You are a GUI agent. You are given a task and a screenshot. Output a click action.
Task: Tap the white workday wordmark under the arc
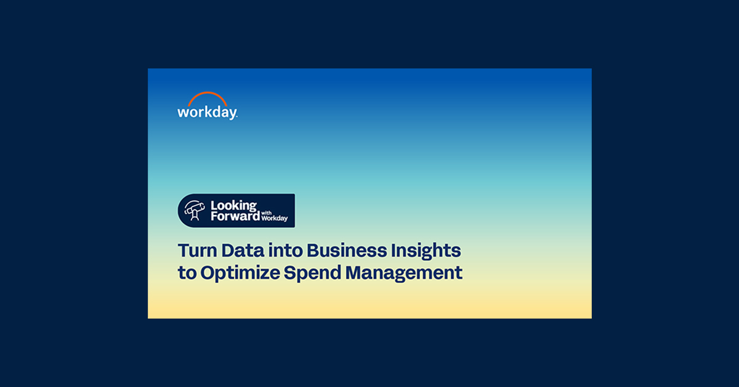click(x=207, y=112)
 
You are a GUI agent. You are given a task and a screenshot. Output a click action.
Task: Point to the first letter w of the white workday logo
click(x=182, y=113)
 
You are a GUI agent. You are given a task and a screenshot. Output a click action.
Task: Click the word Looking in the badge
click(x=233, y=205)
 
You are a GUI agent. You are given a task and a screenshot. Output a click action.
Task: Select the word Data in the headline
click(x=237, y=251)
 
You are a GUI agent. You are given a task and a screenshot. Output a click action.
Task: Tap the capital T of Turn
click(x=183, y=251)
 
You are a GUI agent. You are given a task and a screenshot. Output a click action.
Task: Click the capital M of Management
click(x=352, y=272)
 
